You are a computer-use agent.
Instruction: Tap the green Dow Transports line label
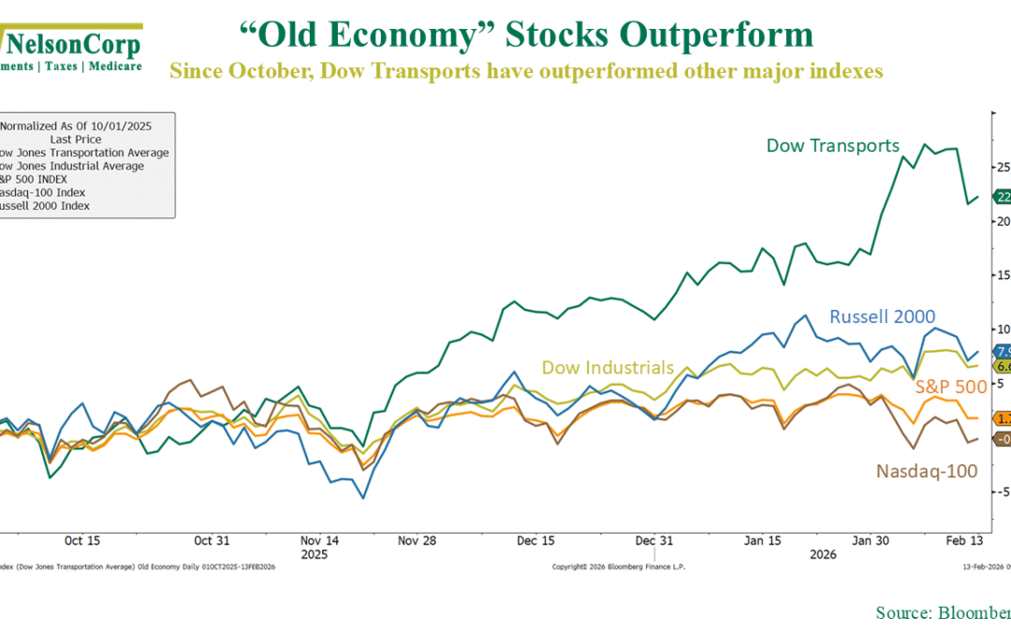tap(832, 145)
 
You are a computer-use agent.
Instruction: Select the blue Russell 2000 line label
tap(881, 316)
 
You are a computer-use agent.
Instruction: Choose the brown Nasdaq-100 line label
tap(927, 471)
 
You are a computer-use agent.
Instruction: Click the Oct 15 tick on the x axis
tap(82, 540)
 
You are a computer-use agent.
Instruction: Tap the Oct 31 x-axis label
tap(211, 540)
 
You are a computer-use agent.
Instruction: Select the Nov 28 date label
tap(417, 540)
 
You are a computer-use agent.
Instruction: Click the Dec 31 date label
tap(653, 540)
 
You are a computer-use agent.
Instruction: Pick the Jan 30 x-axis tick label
tap(871, 540)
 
